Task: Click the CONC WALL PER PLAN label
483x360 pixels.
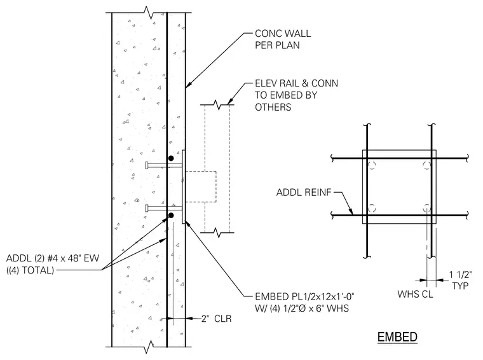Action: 283,39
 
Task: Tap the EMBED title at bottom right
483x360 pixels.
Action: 397,337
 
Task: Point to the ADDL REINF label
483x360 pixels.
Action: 304,192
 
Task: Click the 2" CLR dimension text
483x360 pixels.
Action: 216,319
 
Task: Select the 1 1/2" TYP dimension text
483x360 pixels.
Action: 460,280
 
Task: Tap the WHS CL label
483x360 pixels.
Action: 415,294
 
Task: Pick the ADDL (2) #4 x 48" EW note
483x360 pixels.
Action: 53,258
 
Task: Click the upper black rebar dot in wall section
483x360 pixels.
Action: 171,158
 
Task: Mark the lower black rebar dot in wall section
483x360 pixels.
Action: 171,215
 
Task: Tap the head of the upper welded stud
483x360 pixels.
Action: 147,165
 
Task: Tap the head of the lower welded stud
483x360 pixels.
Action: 147,209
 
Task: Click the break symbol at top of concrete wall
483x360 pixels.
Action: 149,13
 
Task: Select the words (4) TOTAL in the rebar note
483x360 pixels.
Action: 31,270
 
